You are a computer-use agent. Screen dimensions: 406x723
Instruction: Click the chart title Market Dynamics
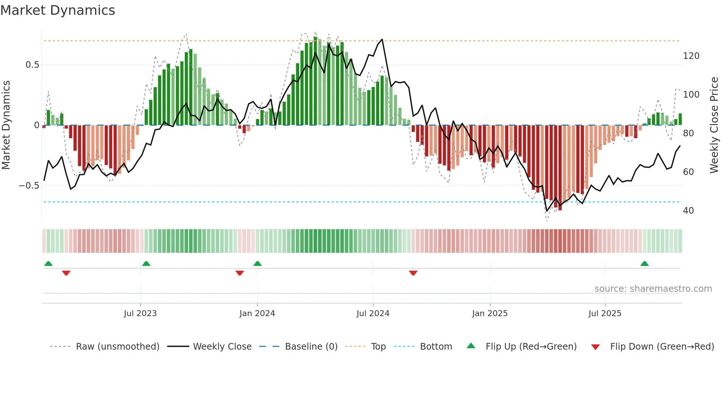(58, 10)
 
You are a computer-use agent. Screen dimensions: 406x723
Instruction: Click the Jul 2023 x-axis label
(140, 314)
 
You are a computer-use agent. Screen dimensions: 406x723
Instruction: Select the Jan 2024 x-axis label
(257, 314)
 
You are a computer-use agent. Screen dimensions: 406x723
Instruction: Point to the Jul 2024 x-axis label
(373, 314)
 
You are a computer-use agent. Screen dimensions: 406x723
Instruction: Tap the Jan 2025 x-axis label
(490, 314)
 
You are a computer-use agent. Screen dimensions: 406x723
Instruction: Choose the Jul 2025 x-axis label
(605, 314)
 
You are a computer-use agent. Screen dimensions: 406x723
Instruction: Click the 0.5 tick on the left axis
(32, 65)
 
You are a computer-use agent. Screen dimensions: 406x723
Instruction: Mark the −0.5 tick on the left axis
(29, 185)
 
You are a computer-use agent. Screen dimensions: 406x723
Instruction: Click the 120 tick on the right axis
(691, 56)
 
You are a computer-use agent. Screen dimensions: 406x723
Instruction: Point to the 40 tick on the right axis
(688, 210)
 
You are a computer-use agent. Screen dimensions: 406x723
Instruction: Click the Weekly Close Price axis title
(715, 125)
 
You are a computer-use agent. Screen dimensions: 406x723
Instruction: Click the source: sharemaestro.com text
(653, 289)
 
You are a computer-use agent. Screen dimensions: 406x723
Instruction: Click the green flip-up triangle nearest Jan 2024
(257, 263)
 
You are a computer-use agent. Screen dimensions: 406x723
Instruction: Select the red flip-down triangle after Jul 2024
(413, 273)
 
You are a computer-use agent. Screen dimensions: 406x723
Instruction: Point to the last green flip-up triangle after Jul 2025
(644, 263)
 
